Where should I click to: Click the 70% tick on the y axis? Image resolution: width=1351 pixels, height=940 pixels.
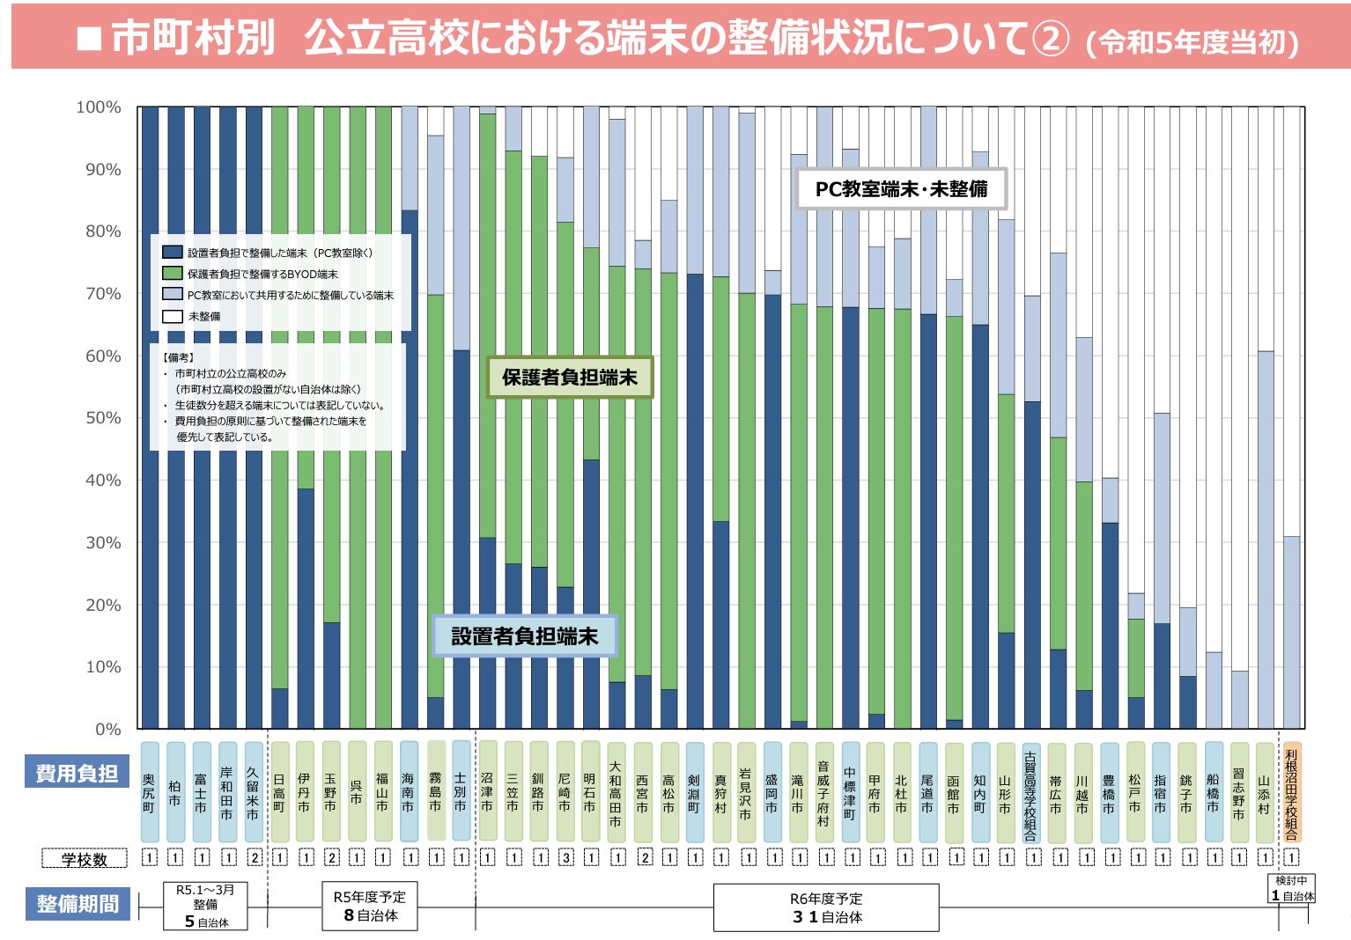pyautogui.click(x=103, y=294)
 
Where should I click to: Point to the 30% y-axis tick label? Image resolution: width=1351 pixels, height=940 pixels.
pyautogui.click(x=103, y=543)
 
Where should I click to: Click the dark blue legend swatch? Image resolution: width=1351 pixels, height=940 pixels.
pyautogui.click(x=173, y=253)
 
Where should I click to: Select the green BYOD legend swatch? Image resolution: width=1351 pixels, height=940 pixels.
pyautogui.click(x=173, y=274)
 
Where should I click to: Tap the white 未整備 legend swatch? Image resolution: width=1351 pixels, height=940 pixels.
pyautogui.click(x=173, y=316)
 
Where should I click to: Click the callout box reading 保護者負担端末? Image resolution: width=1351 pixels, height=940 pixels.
pyautogui.click(x=570, y=378)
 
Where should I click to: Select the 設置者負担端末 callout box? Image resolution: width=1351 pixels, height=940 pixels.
pyautogui.click(x=525, y=636)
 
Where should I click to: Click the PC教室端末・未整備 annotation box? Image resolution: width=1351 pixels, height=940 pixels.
pyautogui.click(x=901, y=189)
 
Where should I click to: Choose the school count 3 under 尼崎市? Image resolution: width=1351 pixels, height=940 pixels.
pyautogui.click(x=565, y=857)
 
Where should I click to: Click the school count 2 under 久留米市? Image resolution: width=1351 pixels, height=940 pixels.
pyautogui.click(x=255, y=857)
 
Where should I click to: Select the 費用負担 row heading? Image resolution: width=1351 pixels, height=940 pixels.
pyautogui.click(x=77, y=774)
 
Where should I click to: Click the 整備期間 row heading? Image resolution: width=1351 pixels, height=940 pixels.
pyautogui.click(x=78, y=904)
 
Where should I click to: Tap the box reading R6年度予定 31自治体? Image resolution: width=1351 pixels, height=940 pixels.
pyautogui.click(x=826, y=907)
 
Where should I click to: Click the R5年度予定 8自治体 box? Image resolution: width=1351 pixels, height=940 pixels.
pyautogui.click(x=370, y=906)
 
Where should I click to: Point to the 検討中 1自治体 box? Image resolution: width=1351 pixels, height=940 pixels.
pyautogui.click(x=1292, y=888)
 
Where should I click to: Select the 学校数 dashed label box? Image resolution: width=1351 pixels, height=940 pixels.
pyautogui.click(x=85, y=858)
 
